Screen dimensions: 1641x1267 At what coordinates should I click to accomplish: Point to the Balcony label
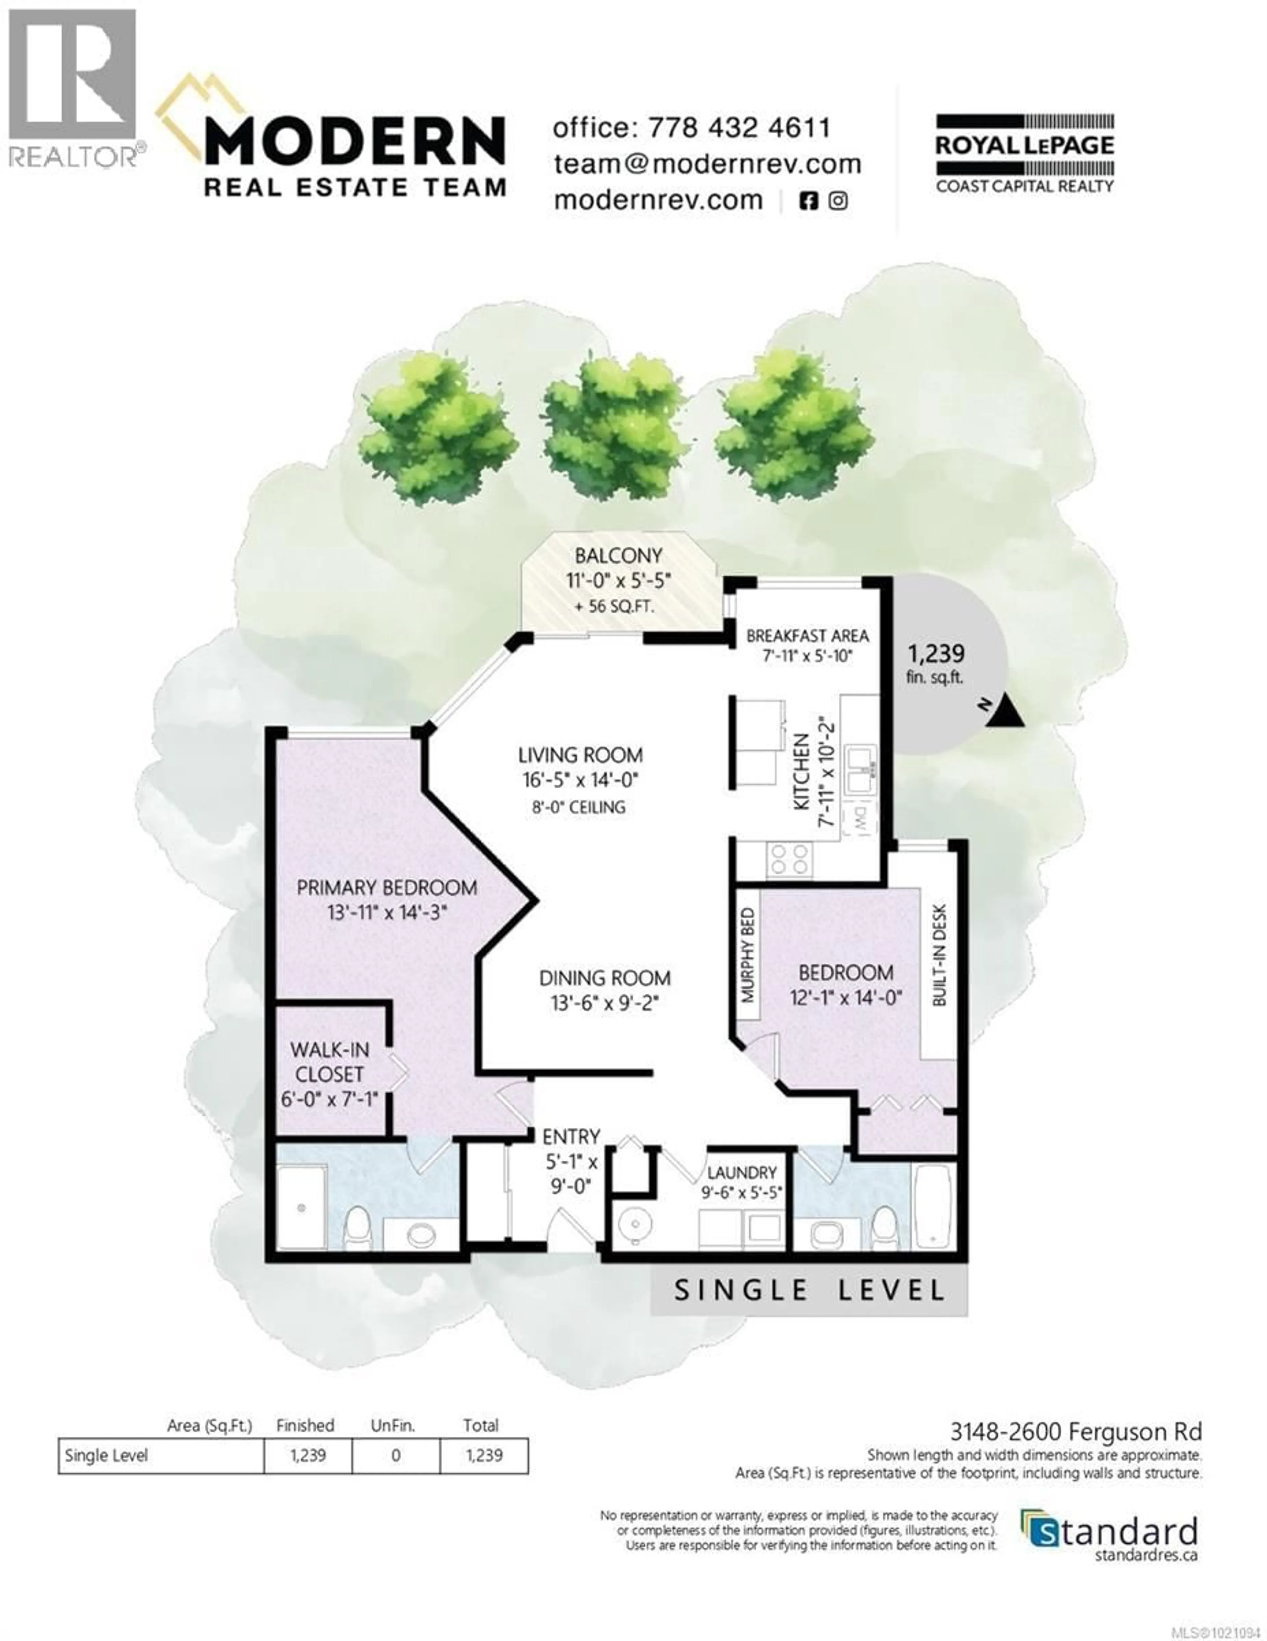618,556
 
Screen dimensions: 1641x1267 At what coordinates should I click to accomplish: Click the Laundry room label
741,1173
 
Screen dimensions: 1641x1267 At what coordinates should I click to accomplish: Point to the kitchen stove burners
789,859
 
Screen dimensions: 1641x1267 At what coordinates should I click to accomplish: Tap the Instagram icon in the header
838,201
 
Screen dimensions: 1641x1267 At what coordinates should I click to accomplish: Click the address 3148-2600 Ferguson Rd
1076,1431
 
